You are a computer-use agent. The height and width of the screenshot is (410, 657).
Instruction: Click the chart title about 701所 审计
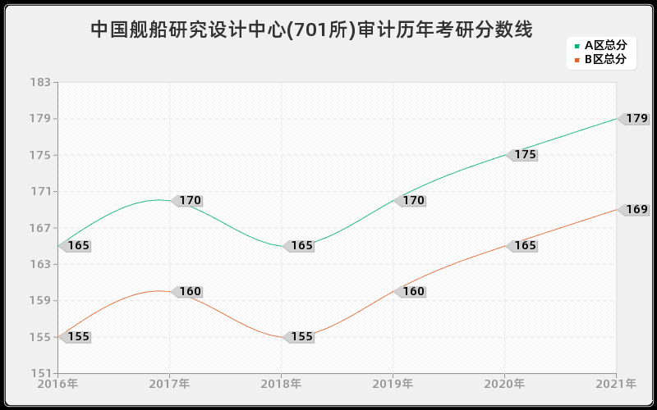311,30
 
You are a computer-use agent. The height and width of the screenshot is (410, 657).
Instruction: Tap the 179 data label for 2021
636,119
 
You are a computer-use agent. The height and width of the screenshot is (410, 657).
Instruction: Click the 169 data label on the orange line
636,210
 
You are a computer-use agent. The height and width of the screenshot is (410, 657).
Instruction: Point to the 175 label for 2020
524,155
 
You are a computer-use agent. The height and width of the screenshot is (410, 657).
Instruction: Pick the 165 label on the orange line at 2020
524,246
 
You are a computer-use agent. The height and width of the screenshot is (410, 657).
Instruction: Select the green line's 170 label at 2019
412,201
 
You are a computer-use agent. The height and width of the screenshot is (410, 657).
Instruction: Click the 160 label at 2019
412,292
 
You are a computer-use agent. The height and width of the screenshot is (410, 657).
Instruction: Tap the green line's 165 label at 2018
301,246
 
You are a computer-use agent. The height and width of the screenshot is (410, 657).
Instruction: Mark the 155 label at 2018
301,337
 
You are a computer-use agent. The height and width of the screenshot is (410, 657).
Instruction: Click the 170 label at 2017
189,201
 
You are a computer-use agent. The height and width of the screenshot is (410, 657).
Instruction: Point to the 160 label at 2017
189,292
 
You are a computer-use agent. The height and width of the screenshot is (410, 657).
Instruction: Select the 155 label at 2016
77,337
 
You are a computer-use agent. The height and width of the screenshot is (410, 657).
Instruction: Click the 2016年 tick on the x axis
57,384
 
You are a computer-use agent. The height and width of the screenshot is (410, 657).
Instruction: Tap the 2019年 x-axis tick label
393,384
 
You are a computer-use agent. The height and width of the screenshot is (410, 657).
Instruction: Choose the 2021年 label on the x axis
616,384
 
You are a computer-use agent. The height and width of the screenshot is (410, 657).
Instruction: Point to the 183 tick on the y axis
40,83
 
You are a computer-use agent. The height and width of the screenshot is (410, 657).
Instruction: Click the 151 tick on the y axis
40,374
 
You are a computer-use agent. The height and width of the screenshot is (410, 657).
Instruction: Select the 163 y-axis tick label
40,265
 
